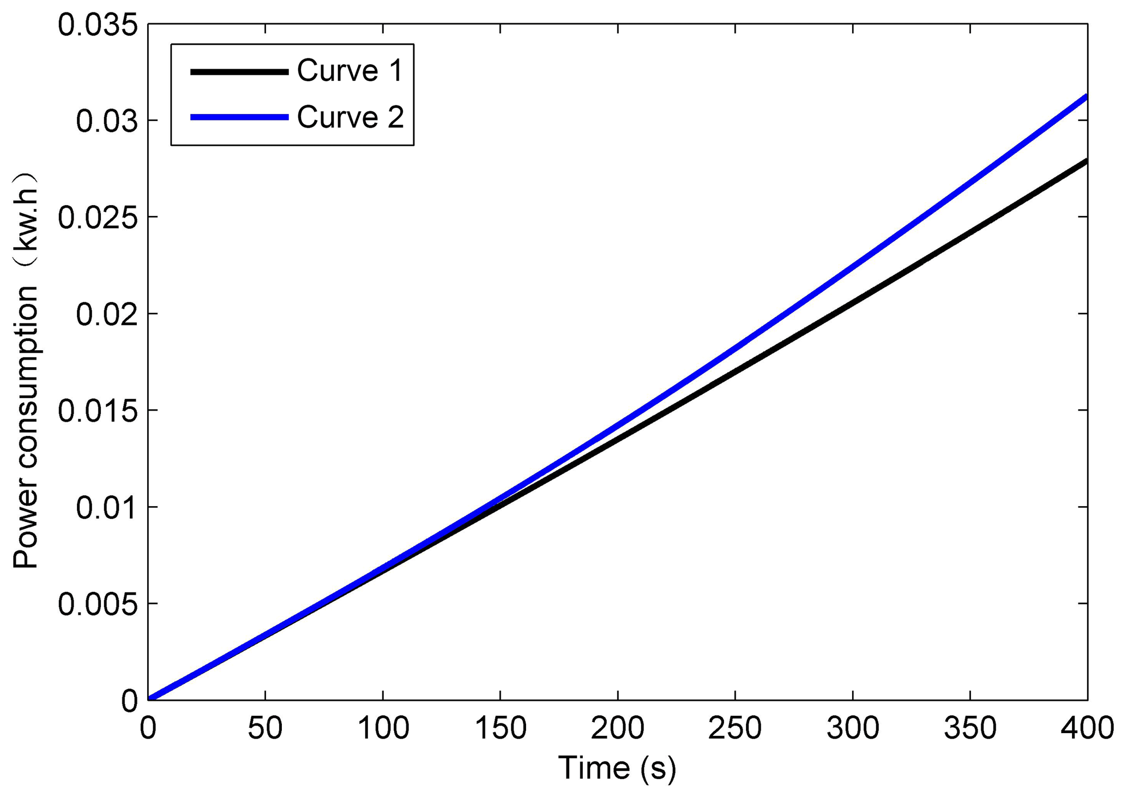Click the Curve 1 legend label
[349, 71]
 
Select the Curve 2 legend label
[350, 117]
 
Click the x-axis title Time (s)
[617, 769]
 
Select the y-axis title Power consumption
[25, 371]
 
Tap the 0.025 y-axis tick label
[98, 218]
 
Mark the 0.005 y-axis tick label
[98, 604]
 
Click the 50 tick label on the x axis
[265, 728]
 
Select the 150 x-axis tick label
[500, 728]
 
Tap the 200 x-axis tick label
[617, 728]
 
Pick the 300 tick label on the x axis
[852, 728]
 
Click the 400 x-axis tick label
[1087, 728]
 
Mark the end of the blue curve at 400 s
[1086, 97]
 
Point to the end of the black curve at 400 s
[1086, 161]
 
